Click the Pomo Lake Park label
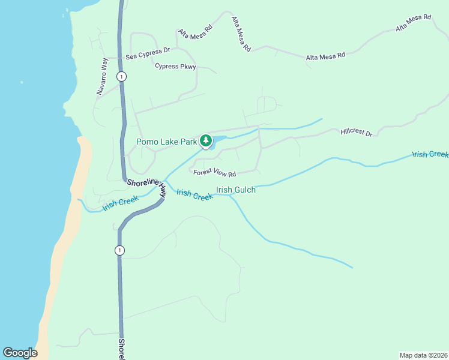point(166,142)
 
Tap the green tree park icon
point(206,141)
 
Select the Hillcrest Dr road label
point(356,132)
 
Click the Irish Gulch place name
point(236,190)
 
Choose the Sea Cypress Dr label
point(148,55)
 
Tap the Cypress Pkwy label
point(175,67)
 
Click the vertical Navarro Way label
point(102,76)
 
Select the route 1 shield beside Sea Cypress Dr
point(122,76)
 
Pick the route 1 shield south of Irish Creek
point(120,250)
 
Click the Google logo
point(20,353)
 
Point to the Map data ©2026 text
point(423,355)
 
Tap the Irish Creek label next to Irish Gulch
point(194,194)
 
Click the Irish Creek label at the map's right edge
point(430,154)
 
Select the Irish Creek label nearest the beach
point(121,204)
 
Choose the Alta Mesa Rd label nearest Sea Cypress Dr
point(195,32)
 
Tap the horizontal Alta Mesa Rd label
point(325,56)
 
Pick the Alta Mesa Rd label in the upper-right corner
point(414,23)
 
